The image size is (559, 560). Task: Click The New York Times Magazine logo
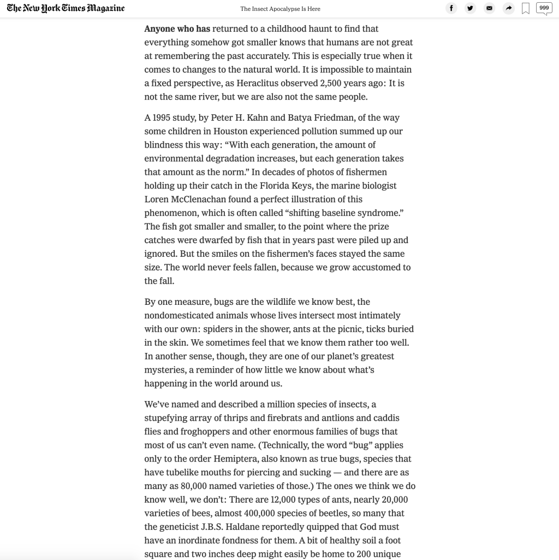click(x=66, y=8)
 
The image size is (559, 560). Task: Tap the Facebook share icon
click(x=451, y=8)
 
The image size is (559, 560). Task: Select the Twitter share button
click(x=470, y=8)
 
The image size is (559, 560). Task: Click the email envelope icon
click(x=489, y=8)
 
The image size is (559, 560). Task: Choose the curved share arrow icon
click(x=508, y=8)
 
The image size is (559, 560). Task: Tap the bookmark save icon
click(x=526, y=9)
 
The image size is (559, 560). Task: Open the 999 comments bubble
click(x=544, y=8)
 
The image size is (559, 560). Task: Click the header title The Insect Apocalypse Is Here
click(x=280, y=9)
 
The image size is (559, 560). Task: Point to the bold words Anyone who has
click(x=177, y=29)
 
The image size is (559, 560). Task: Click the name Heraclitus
click(x=260, y=84)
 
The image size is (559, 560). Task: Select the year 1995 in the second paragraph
click(x=162, y=118)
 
